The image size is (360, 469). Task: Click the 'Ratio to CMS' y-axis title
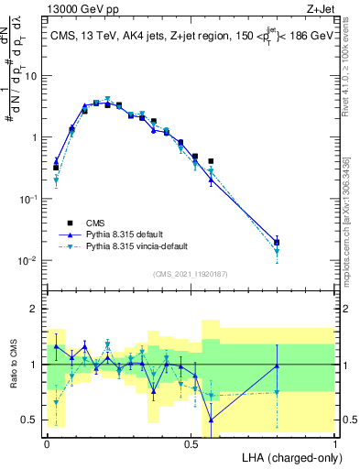[16, 365]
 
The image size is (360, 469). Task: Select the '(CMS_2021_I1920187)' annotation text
[190, 274]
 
